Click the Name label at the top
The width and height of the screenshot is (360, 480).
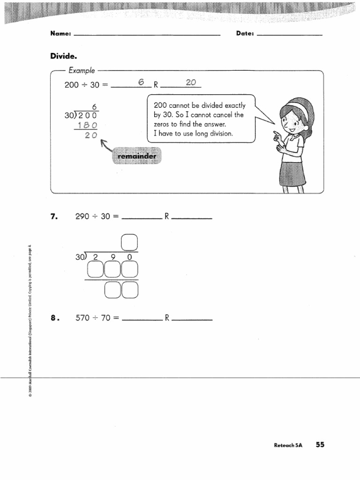pyautogui.click(x=60, y=34)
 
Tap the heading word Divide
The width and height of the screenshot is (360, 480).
pyautogui.click(x=64, y=56)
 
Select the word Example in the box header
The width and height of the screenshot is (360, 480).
pyautogui.click(x=82, y=71)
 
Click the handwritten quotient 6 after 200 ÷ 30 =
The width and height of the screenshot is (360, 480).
pyautogui.click(x=140, y=82)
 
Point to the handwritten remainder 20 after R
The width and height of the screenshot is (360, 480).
pyautogui.click(x=191, y=82)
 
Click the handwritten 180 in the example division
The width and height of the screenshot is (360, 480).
pyautogui.click(x=88, y=125)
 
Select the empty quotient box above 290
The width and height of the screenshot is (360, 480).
pyautogui.click(x=129, y=242)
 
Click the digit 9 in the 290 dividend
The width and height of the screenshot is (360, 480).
pyautogui.click(x=113, y=257)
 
